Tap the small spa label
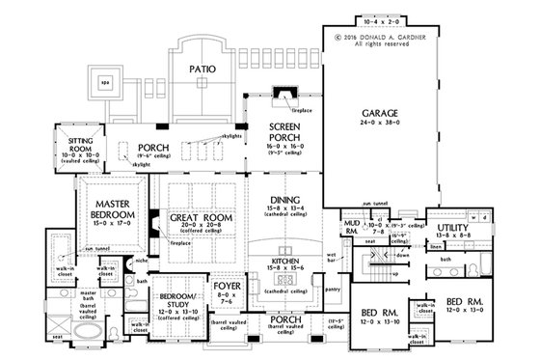coord(104,82)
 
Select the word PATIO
coord(202,70)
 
